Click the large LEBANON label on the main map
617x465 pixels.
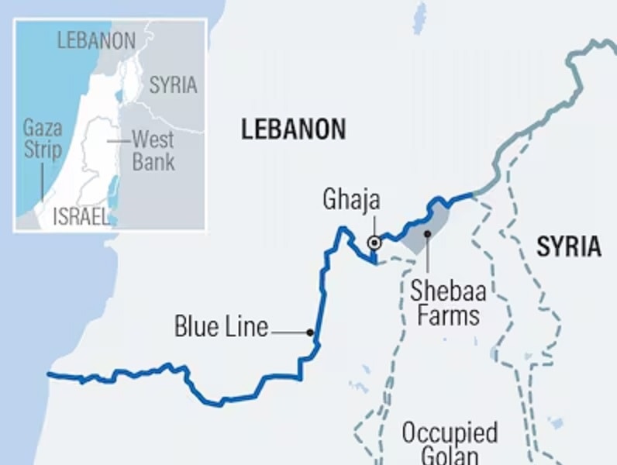click(293, 129)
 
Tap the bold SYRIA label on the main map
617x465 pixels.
click(568, 246)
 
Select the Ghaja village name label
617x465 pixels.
click(351, 200)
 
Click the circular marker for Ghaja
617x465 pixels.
click(374, 243)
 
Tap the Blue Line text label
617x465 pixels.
click(221, 327)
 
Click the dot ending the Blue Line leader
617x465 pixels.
click(310, 332)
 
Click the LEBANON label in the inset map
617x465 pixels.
click(96, 40)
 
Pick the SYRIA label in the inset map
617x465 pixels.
click(173, 84)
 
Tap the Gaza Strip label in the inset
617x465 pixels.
click(42, 138)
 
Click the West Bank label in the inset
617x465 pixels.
click(153, 150)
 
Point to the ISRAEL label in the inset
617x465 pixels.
click(81, 217)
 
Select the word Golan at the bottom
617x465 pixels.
click(450, 456)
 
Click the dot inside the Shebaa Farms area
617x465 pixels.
click(426, 232)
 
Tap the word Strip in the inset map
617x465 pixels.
click(42, 149)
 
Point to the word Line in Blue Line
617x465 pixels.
click(243, 327)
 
